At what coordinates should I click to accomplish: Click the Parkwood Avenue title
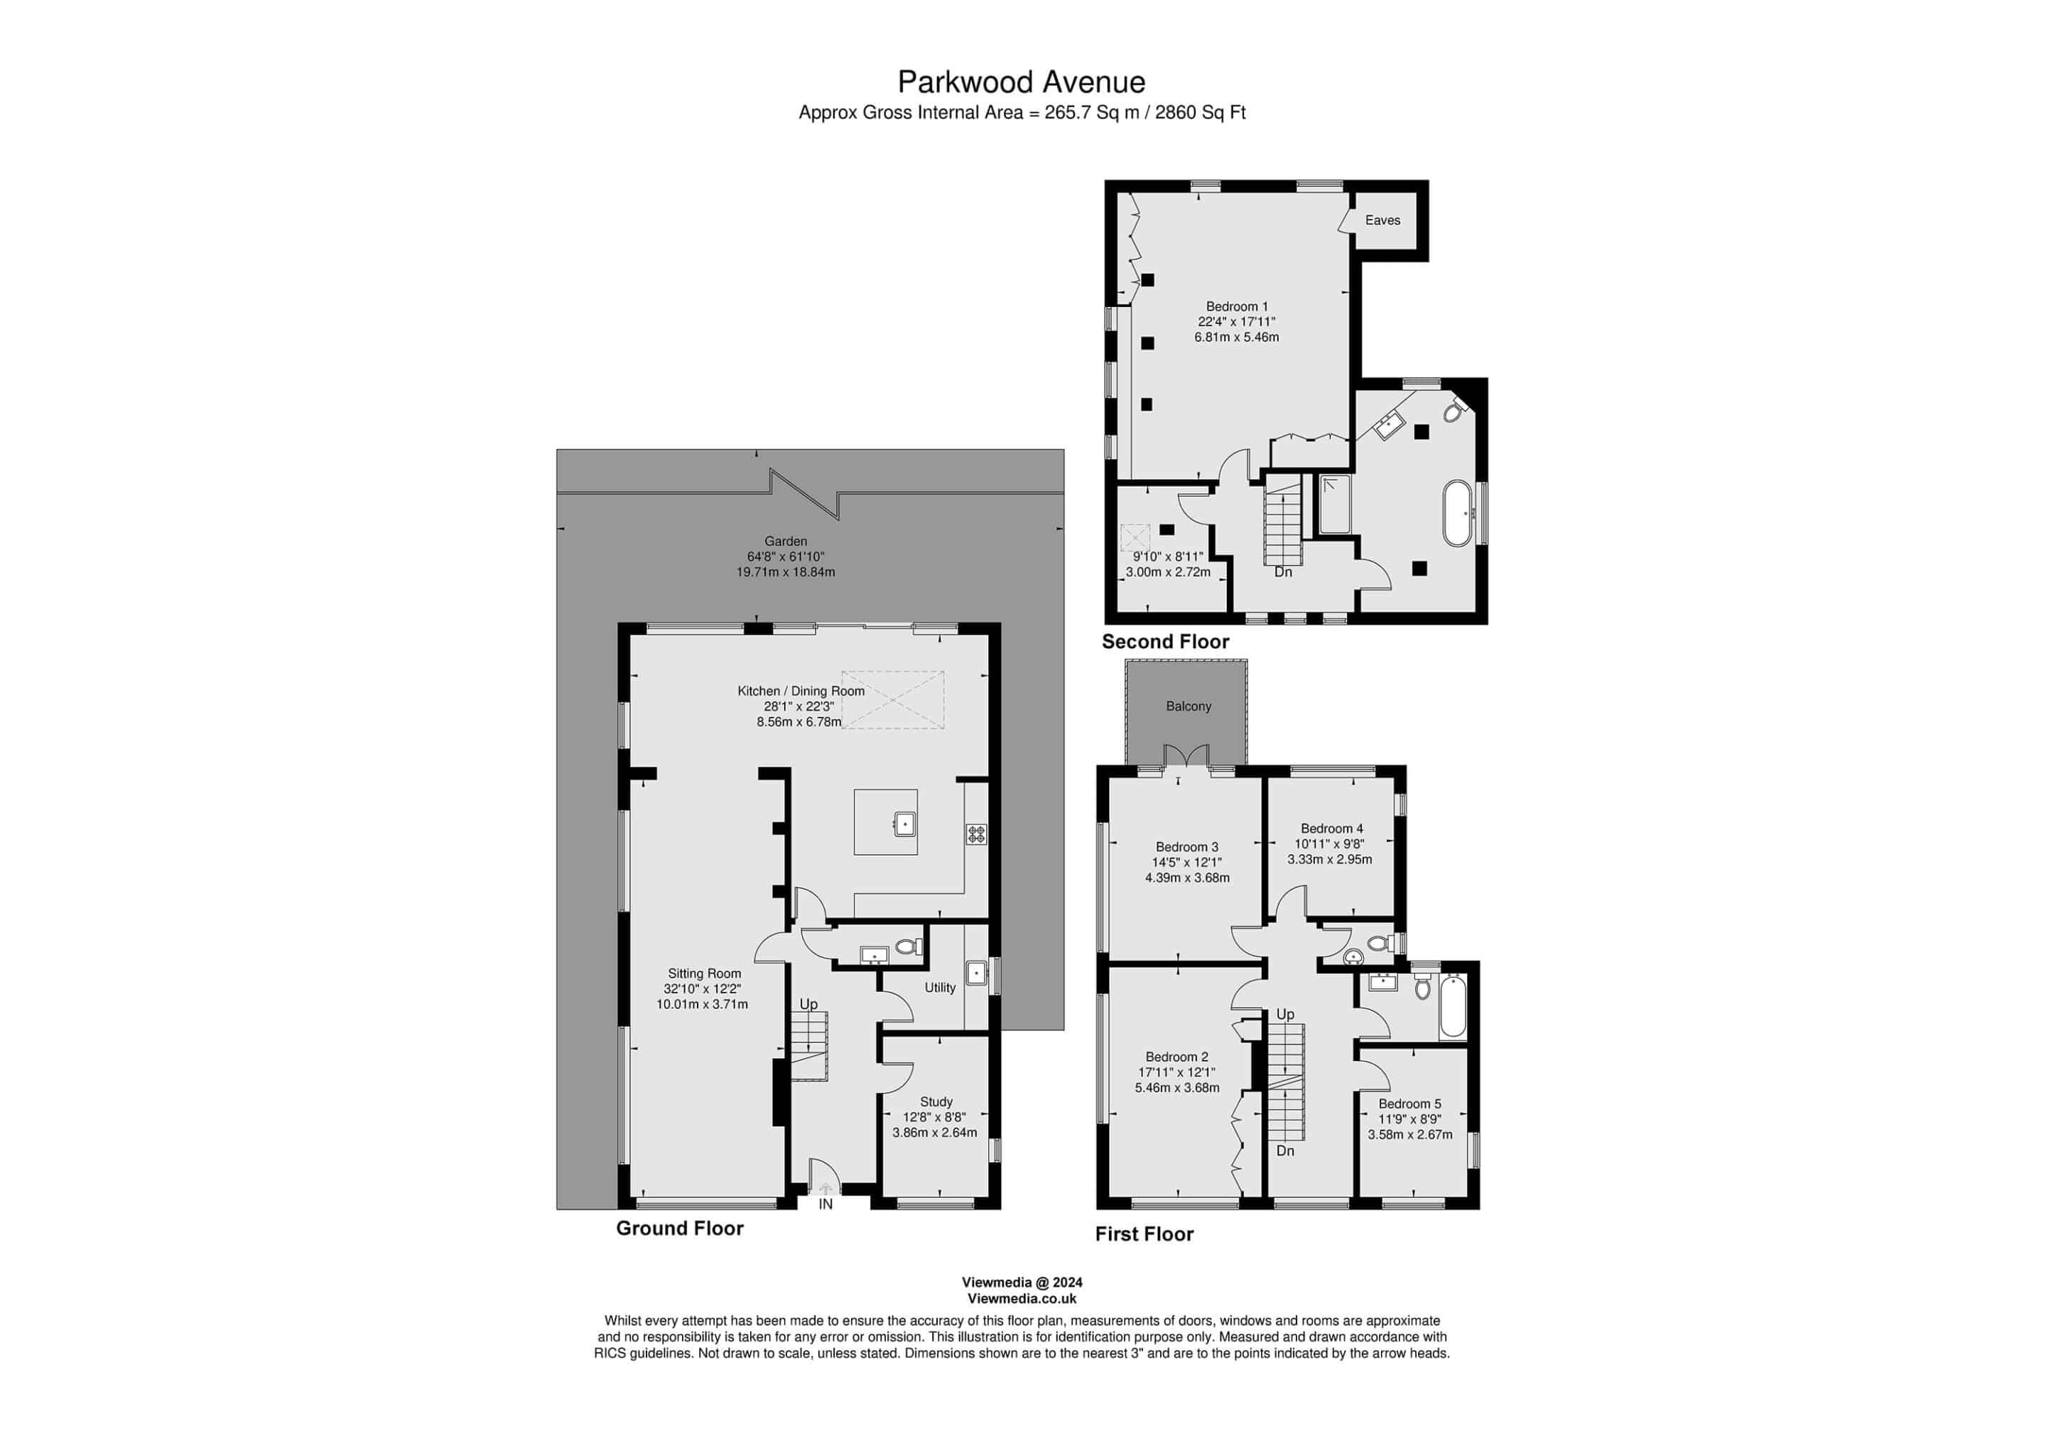pos(1021,82)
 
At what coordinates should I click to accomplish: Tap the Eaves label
pos(1382,220)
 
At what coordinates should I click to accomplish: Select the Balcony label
pos(1189,706)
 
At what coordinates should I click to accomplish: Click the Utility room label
pos(940,987)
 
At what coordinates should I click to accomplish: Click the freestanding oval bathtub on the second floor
pos(1458,514)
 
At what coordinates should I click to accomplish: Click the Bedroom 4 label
pos(1331,828)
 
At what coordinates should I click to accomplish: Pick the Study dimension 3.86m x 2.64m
pos(935,1133)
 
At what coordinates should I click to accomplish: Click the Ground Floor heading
pos(680,1229)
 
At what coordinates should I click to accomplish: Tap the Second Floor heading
pos(1166,642)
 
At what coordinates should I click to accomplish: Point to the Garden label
pos(786,541)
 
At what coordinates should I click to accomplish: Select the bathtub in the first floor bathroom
pos(1453,1008)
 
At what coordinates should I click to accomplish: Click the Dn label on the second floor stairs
pos(1283,572)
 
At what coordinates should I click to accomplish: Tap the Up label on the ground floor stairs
pos(808,1005)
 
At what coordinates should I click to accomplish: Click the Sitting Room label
pos(705,973)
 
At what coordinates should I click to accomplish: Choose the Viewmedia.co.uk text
pos(1022,1299)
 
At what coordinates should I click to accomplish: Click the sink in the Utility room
pos(977,973)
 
